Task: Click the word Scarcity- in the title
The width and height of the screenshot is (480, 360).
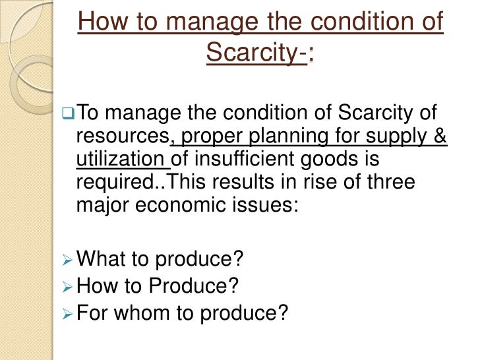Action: [x=256, y=52]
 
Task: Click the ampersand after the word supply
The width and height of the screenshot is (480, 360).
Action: [x=439, y=136]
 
